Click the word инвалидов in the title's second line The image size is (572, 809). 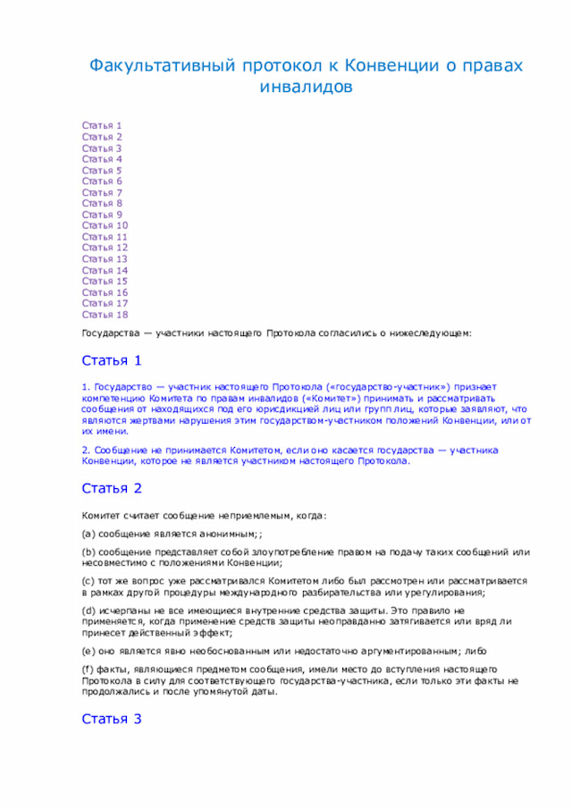click(x=306, y=87)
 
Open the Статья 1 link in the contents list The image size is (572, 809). click(x=102, y=126)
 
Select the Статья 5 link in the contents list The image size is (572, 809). click(x=102, y=171)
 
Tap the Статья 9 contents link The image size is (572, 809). click(x=102, y=215)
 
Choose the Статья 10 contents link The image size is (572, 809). click(x=105, y=226)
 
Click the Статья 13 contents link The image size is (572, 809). click(x=105, y=259)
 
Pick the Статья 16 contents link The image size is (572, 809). click(x=105, y=292)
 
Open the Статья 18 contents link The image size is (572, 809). click(x=105, y=315)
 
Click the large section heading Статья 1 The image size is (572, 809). click(x=112, y=361)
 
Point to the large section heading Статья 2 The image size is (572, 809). click(x=112, y=488)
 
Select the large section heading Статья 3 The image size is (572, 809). click(x=112, y=719)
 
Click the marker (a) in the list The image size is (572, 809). click(x=88, y=534)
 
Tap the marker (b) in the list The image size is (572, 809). click(x=88, y=552)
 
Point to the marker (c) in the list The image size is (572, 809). click(x=88, y=581)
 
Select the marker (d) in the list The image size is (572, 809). click(x=88, y=610)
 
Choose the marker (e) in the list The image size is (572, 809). click(x=88, y=650)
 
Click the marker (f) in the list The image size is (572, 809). click(x=88, y=669)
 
